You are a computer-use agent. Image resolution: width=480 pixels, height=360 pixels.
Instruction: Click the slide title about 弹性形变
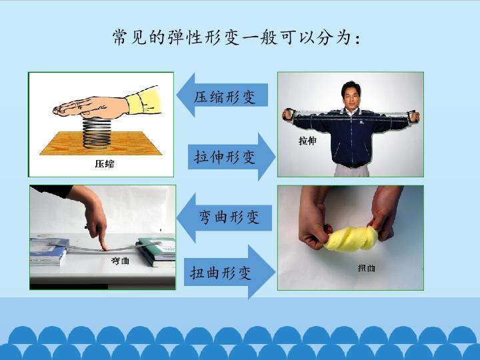236,38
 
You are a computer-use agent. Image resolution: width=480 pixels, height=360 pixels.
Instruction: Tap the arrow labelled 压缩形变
222,95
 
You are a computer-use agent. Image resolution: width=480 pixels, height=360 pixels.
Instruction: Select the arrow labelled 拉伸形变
232,157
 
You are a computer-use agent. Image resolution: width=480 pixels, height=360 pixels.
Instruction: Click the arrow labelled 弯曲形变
225,217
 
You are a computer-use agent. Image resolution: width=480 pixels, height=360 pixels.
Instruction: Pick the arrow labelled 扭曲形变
229,272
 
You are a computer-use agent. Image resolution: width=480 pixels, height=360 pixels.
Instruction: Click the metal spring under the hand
97,134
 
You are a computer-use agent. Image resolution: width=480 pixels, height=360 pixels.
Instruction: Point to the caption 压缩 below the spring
105,164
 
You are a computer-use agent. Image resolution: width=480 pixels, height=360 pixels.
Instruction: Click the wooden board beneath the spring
101,143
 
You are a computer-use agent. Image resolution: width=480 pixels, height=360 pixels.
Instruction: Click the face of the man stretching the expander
351,95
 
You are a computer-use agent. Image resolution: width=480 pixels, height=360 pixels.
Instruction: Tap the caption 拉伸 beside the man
307,141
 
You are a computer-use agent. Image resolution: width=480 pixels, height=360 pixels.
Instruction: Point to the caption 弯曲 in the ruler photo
120,261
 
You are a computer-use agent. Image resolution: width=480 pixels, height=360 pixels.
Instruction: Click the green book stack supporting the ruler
157,251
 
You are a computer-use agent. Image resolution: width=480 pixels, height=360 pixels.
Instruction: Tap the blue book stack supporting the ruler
49,251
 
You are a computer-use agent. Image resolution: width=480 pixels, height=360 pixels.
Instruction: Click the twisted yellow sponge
351,239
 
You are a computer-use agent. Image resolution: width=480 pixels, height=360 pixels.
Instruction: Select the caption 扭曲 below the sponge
366,268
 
